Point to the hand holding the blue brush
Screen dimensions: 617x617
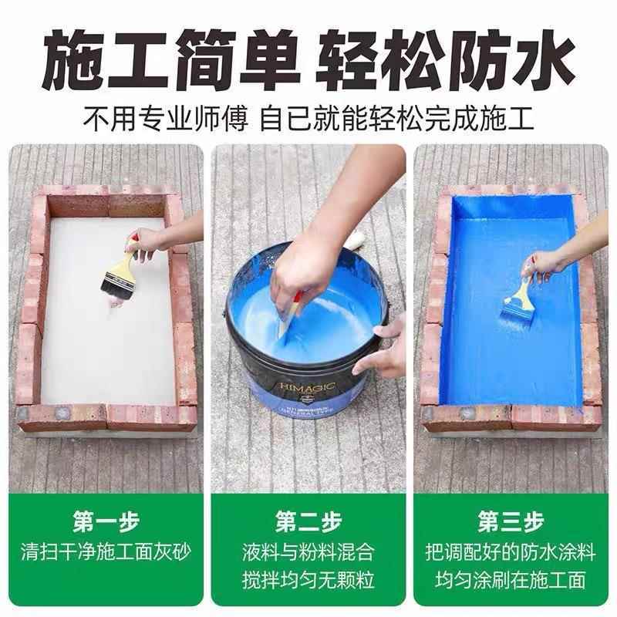(x=549, y=262)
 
